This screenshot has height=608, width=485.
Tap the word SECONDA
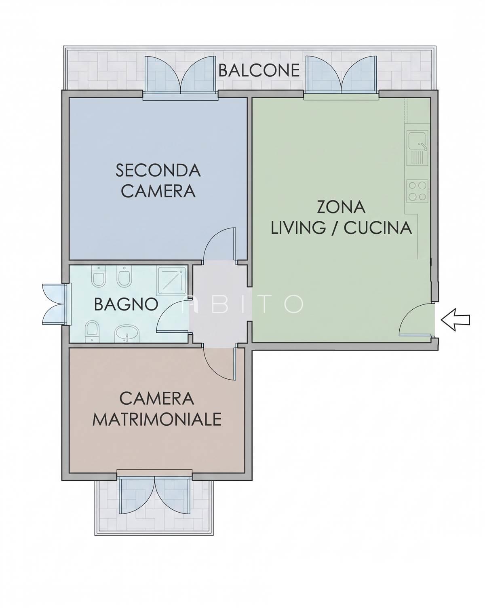(x=158, y=170)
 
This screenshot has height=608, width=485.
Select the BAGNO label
(x=126, y=304)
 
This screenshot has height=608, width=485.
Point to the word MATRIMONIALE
(x=157, y=419)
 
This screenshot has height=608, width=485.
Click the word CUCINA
(x=377, y=228)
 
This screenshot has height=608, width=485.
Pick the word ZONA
(x=341, y=207)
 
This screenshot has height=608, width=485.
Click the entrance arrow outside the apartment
(x=455, y=320)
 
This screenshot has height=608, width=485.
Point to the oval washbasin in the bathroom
(x=127, y=334)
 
